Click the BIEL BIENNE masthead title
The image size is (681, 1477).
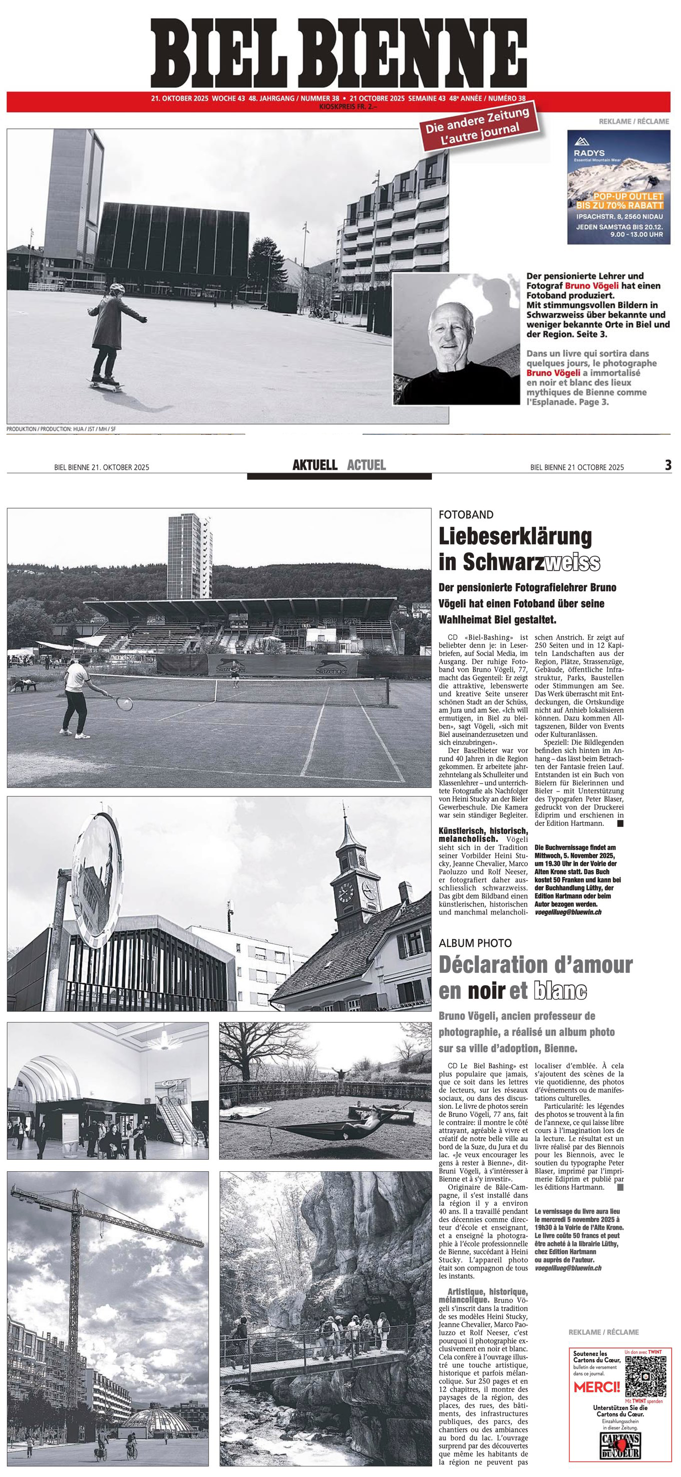[338, 53]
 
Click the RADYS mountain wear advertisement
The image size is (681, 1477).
[618, 186]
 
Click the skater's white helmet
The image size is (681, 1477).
[117, 287]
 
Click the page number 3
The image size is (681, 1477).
[668, 466]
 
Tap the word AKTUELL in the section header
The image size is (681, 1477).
[314, 465]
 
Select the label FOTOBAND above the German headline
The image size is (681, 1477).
[466, 515]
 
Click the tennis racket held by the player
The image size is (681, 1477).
[121, 702]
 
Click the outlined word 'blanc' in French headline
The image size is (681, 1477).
[559, 990]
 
